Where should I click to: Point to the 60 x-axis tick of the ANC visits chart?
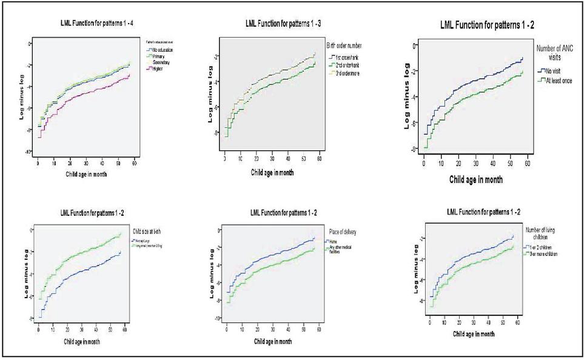pos(528,164)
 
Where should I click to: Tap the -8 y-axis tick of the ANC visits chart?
pos(414,149)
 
